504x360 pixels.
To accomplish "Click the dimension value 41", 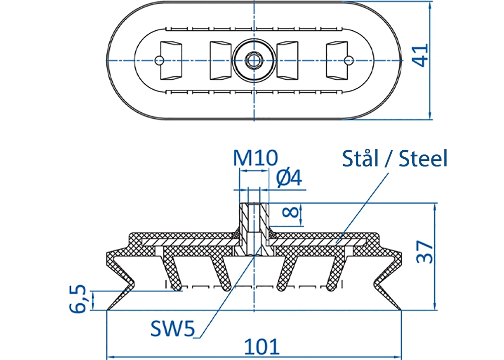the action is [x=421, y=55].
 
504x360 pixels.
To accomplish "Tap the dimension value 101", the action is [x=262, y=347].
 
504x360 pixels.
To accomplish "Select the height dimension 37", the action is [x=424, y=252].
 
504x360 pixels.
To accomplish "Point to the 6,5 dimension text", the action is [x=78, y=298].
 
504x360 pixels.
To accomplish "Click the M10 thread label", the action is [x=256, y=158].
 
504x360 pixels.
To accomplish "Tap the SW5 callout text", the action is [x=172, y=329].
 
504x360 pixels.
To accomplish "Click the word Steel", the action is [x=423, y=158].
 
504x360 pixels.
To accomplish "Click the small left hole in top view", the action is [x=159, y=60].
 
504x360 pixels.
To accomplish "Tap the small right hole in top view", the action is [x=349, y=60].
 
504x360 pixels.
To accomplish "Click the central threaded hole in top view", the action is [x=254, y=60].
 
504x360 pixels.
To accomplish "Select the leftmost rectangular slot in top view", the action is [x=171, y=60].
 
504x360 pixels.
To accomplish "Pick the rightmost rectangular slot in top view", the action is [x=337, y=60].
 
